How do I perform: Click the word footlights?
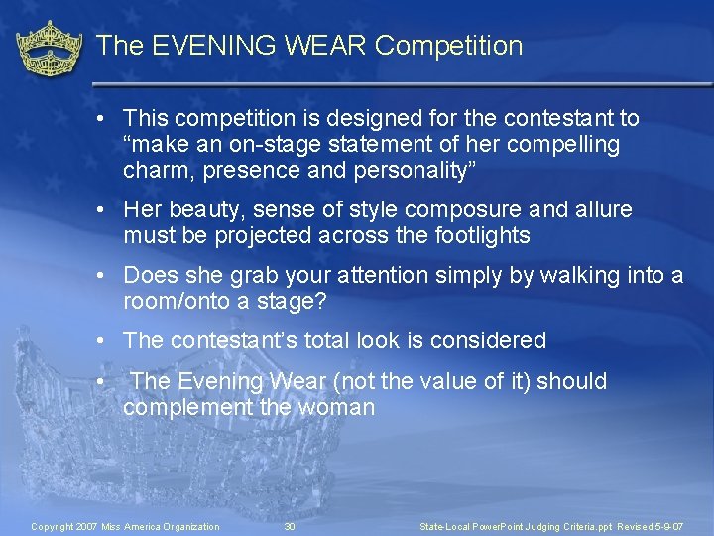(477, 236)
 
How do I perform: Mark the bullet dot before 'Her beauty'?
(103, 210)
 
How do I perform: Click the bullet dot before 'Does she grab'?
(103, 276)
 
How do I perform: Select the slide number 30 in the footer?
(290, 526)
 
